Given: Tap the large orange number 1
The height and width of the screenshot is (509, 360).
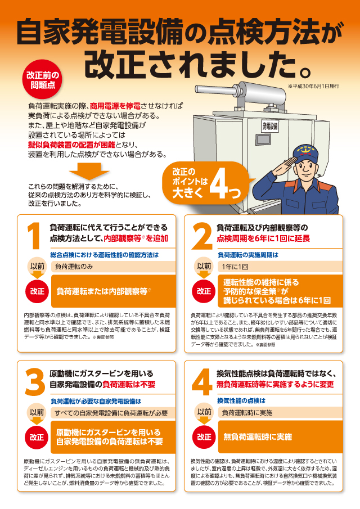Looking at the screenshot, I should [x=35, y=236].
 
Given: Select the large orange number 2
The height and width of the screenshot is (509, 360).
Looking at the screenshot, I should [x=201, y=236].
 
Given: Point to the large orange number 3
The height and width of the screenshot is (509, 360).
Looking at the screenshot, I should [x=35, y=384].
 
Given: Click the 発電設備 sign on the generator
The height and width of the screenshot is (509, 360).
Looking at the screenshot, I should [x=271, y=126].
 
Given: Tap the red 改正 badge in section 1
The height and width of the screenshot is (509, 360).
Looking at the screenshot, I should [x=37, y=291].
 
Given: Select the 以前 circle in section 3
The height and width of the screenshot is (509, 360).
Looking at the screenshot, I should [x=37, y=412].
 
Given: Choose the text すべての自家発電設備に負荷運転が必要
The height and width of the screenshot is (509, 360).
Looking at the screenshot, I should [x=111, y=412].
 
